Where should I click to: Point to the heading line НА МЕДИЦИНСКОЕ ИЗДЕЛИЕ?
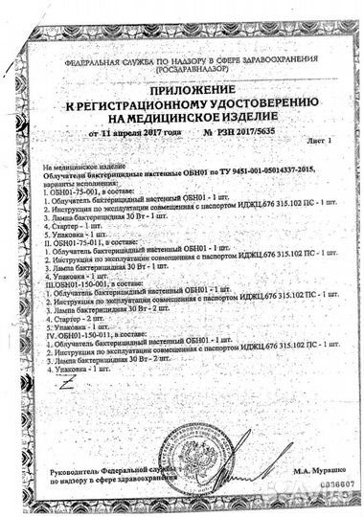(x=182, y=114)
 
